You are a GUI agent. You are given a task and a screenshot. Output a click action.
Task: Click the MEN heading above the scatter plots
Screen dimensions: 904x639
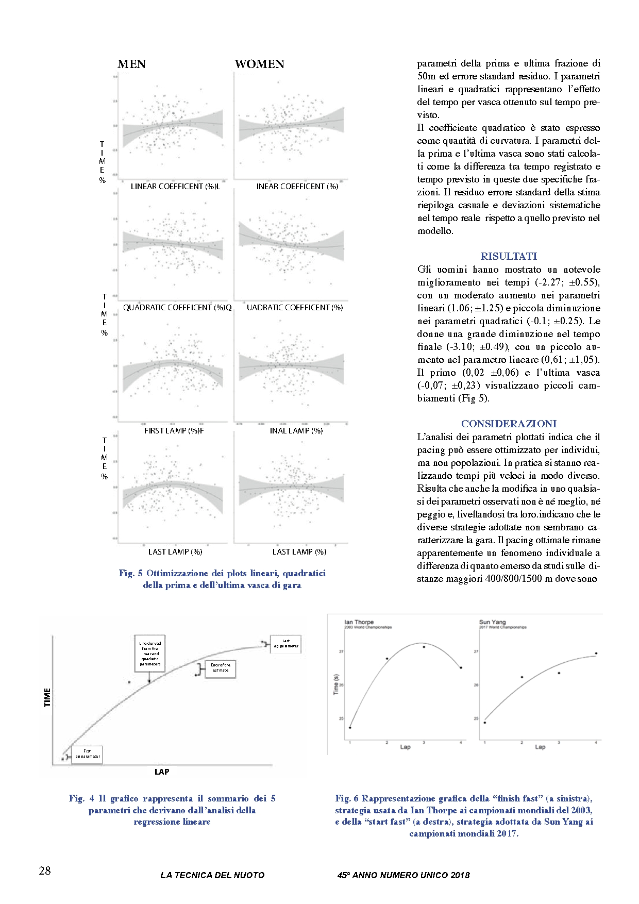pyautogui.click(x=131, y=64)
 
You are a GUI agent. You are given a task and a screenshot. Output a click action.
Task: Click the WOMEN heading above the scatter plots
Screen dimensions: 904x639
pyautogui.click(x=259, y=64)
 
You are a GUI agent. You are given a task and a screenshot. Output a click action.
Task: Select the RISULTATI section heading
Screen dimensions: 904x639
pyautogui.click(x=509, y=256)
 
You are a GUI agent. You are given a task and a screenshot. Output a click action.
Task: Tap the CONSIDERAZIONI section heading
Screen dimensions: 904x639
pyautogui.click(x=509, y=424)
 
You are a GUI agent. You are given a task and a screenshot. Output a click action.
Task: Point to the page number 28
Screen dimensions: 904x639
pyautogui.click(x=45, y=870)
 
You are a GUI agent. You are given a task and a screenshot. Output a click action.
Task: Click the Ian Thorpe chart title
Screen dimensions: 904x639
pyautogui.click(x=359, y=622)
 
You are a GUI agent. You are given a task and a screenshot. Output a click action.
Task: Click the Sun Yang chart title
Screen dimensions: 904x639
pyautogui.click(x=492, y=622)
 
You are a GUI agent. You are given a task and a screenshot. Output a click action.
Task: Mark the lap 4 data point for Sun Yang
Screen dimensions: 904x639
pyautogui.click(x=596, y=654)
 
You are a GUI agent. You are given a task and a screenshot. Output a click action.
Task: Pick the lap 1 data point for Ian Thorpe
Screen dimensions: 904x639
pyautogui.click(x=350, y=728)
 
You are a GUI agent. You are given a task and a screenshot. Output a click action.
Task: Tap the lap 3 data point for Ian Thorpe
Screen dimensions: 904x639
pyautogui.click(x=424, y=647)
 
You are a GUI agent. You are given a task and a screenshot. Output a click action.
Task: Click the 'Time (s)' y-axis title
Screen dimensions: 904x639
pyautogui.click(x=337, y=684)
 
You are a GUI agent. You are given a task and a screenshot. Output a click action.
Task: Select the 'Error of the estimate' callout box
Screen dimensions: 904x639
pyautogui.click(x=221, y=668)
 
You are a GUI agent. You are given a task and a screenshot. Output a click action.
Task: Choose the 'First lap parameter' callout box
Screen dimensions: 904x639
pyautogui.click(x=87, y=754)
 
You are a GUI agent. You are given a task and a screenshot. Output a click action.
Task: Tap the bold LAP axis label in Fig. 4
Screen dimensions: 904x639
pyautogui.click(x=162, y=772)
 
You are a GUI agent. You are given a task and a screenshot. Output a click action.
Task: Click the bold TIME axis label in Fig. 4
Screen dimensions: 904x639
pyautogui.click(x=48, y=697)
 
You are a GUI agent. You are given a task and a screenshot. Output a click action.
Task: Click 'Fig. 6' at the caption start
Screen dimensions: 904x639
pyautogui.click(x=346, y=798)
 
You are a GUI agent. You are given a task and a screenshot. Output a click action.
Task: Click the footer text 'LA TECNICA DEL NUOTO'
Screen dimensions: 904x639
pyautogui.click(x=212, y=875)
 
